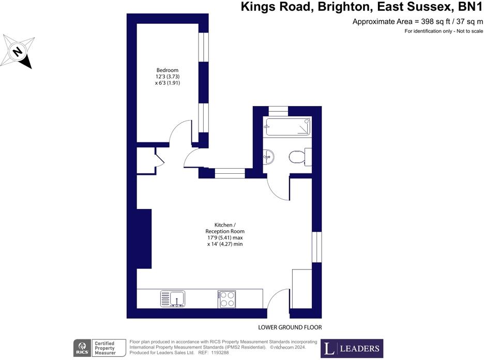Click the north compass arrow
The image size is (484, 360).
[18, 52]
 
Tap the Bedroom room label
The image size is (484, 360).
[168, 70]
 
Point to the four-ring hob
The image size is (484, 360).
[226, 299]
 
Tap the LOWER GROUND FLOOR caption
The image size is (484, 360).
[290, 327]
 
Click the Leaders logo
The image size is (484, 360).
[352, 349]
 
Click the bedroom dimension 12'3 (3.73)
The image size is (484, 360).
[168, 77]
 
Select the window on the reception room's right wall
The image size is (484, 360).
[316, 247]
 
